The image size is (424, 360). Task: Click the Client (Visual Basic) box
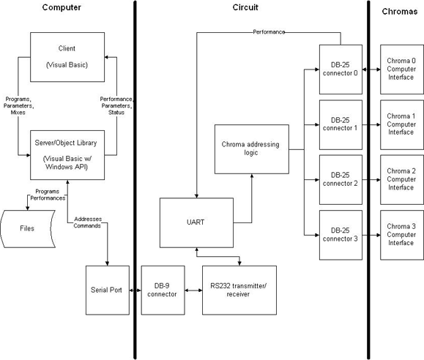67,57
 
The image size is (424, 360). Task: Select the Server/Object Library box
67,155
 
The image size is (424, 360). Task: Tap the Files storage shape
28,229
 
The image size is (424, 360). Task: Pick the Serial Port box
108,290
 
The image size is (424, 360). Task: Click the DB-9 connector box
163,290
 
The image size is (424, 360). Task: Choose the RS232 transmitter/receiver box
239,290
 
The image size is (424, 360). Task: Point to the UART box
196,222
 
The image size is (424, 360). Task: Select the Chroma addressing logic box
252,149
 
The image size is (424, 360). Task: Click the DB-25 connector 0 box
341,70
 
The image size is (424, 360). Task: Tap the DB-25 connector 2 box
341,180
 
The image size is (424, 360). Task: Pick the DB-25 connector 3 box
341,235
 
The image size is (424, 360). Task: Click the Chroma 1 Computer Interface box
402,124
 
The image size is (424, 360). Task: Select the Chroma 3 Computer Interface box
402,235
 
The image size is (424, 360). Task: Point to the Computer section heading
62,7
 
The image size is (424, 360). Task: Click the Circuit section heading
245,7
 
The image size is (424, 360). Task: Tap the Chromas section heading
400,12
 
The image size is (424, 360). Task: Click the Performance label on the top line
269,32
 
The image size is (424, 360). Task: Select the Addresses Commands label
88,222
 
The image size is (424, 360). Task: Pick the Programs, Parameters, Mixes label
18,105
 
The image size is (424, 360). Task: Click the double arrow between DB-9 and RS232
193,290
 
